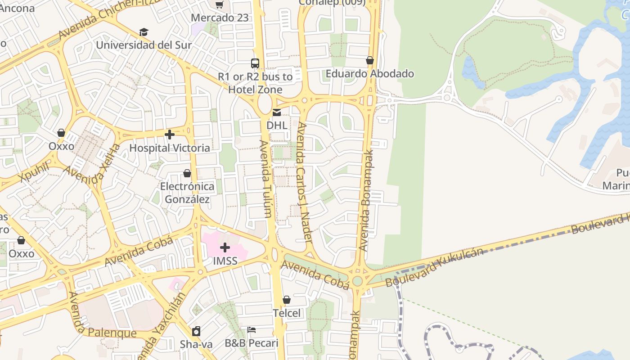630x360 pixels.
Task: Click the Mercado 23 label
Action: click(220, 18)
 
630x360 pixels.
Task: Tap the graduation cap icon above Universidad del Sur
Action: click(144, 32)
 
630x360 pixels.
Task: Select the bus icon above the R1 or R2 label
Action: click(255, 63)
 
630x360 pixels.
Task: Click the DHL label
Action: click(277, 125)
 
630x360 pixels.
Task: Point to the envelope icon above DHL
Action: click(277, 112)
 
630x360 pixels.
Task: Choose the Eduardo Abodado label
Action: click(369, 73)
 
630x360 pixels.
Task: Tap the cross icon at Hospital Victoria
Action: click(170, 135)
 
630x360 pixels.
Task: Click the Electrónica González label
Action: click(187, 193)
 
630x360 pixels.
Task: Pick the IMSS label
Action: click(225, 261)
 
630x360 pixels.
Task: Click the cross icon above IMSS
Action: click(225, 247)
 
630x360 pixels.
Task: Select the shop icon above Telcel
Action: click(287, 300)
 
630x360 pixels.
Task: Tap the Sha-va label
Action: click(196, 344)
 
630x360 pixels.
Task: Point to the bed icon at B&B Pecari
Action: click(252, 330)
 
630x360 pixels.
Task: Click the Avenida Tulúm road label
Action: click(265, 179)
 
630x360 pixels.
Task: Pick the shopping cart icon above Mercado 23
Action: click(219, 5)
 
